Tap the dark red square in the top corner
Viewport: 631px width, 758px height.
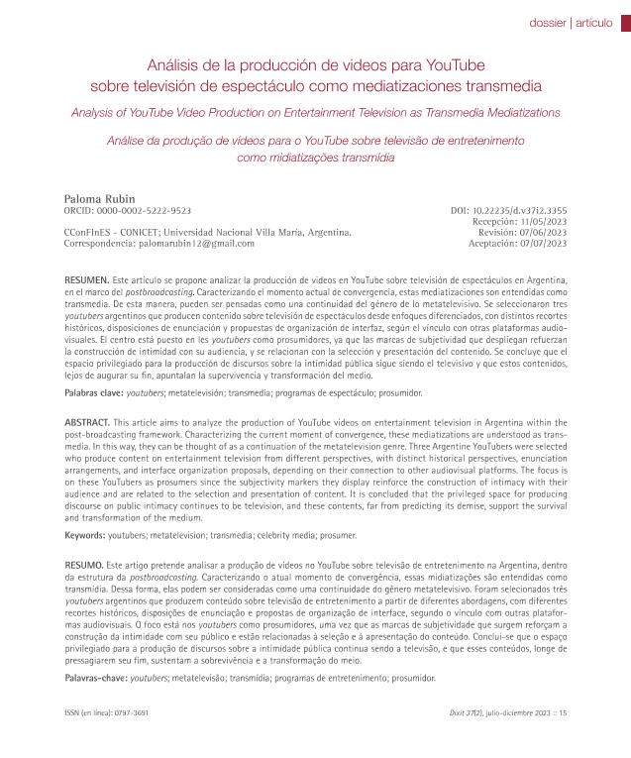tap(624, 22)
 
